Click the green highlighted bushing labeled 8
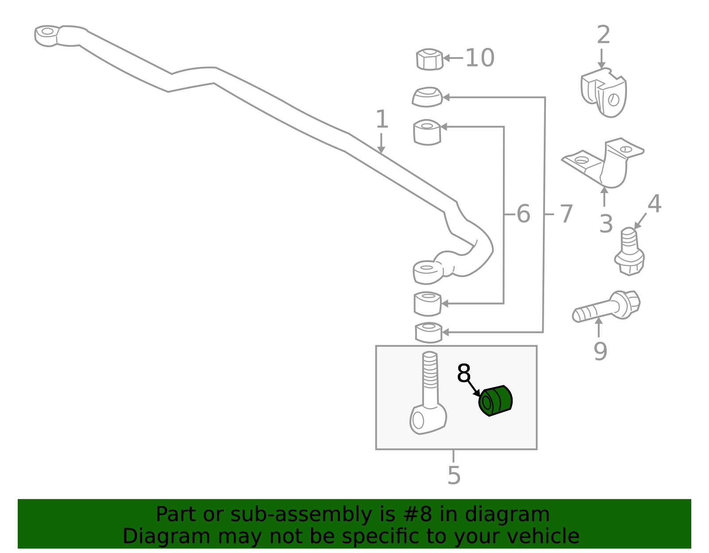click(495, 401)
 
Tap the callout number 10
click(479, 58)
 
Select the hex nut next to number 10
click(429, 59)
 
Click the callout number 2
click(603, 35)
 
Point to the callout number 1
click(382, 119)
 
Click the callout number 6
click(523, 214)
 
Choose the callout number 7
click(566, 214)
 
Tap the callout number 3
click(606, 224)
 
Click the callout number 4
click(654, 203)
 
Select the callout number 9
click(600, 352)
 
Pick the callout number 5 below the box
click(454, 476)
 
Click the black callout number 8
click(464, 373)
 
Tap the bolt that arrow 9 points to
click(606, 306)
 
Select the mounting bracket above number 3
click(603, 162)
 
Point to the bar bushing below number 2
click(603, 93)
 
